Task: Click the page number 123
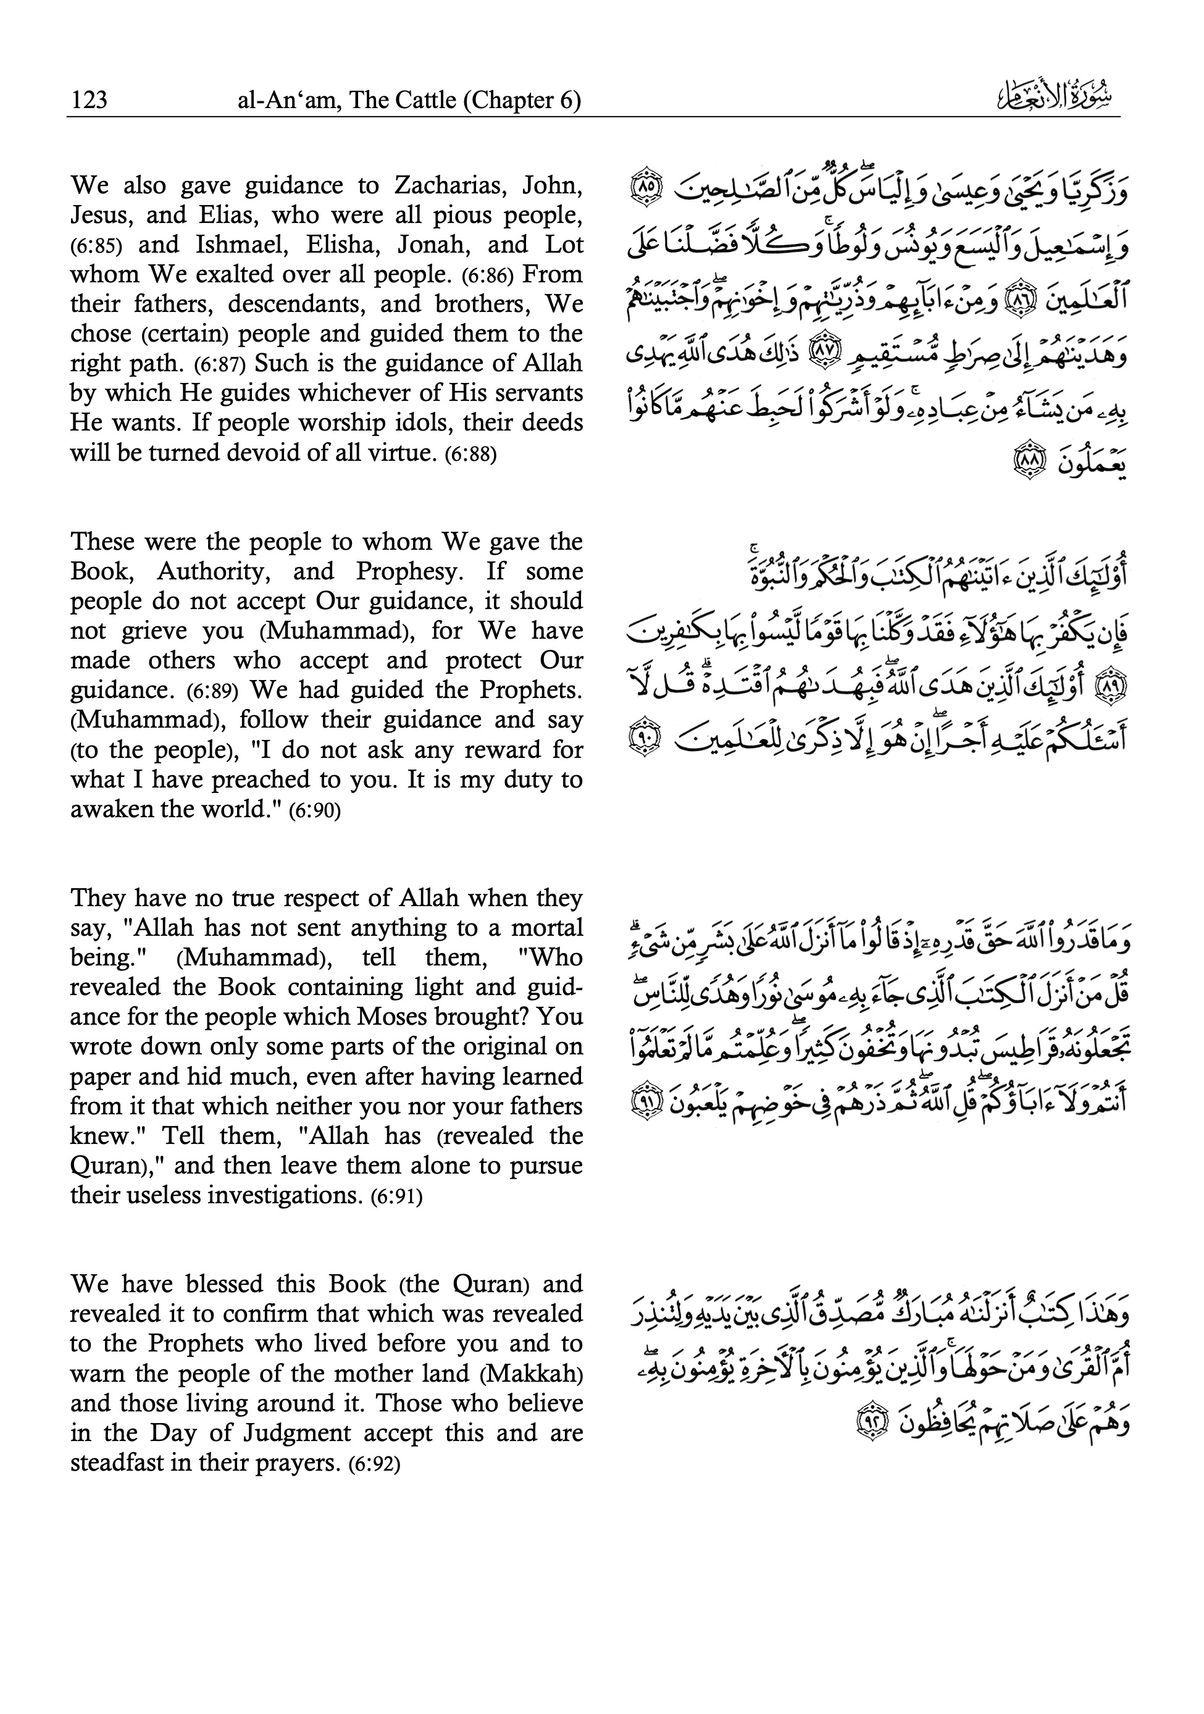click(x=89, y=100)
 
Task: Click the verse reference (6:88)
click(x=470, y=454)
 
